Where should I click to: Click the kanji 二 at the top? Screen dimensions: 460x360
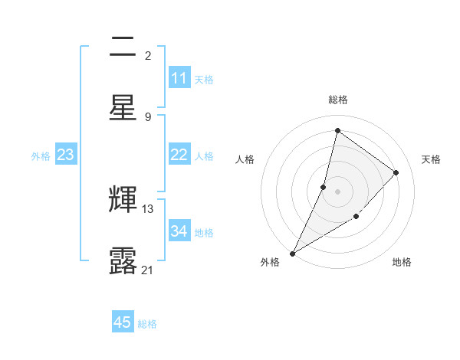[123, 47]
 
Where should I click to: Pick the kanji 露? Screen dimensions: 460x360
[123, 260]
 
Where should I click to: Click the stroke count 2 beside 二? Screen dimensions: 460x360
[147, 55]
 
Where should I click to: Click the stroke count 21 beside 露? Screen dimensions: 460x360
[148, 269]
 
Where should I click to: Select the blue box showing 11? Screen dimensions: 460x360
[179, 78]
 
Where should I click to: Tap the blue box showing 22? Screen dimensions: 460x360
[179, 155]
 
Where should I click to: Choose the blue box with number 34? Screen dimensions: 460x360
[179, 231]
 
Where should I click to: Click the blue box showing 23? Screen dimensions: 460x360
[66, 155]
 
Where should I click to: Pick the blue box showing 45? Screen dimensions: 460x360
[123, 322]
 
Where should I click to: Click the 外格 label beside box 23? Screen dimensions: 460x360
[41, 155]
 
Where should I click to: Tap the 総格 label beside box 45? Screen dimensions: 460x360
[147, 323]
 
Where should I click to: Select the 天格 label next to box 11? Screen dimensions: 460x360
[204, 79]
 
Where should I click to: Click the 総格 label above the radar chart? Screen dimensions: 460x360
[337, 100]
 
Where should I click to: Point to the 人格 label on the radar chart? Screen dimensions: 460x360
[245, 159]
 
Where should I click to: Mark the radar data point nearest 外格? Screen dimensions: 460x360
[293, 253]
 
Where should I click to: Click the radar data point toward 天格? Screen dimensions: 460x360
[396, 172]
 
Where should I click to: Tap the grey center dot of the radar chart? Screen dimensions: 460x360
[337, 191]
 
